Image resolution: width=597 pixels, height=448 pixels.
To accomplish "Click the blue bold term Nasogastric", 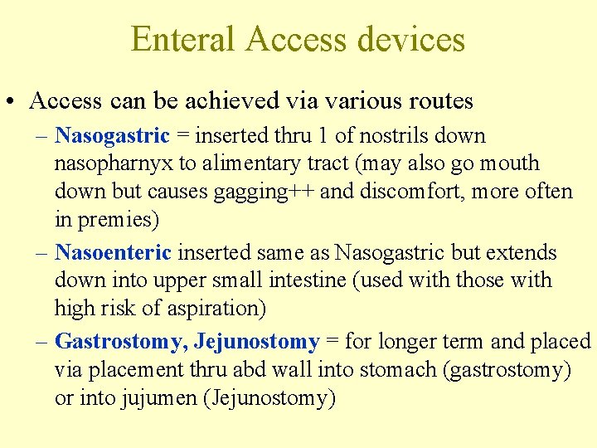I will [112, 135].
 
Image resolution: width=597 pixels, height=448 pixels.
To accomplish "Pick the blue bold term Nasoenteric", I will [113, 252].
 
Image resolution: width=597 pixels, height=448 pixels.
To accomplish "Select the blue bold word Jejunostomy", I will [256, 342].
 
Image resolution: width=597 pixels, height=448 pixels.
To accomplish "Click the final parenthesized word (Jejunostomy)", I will [269, 398].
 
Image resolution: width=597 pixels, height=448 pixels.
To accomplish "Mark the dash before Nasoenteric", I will [41, 252].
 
